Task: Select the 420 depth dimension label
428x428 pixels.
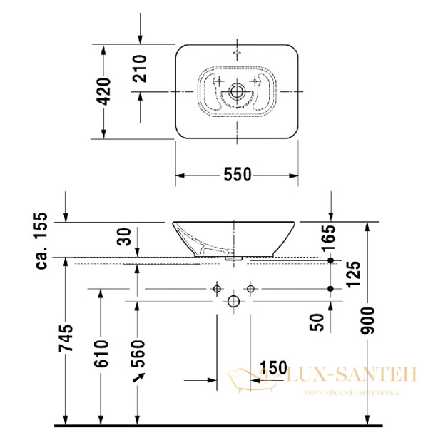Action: [104, 91]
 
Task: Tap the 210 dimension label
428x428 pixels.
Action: [140, 68]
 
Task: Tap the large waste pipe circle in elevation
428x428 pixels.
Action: [233, 302]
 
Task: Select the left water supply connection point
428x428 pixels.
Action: [215, 289]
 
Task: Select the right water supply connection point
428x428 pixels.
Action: [250, 289]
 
